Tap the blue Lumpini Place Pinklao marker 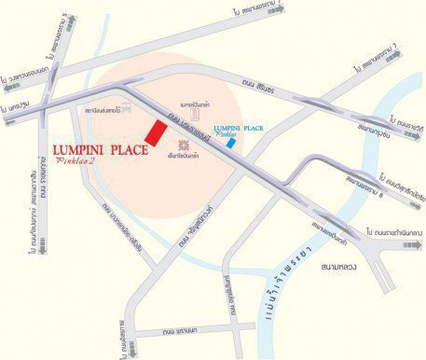pyautogui.click(x=229, y=143)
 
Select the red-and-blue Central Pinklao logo pyautogui.click(x=184, y=144)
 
